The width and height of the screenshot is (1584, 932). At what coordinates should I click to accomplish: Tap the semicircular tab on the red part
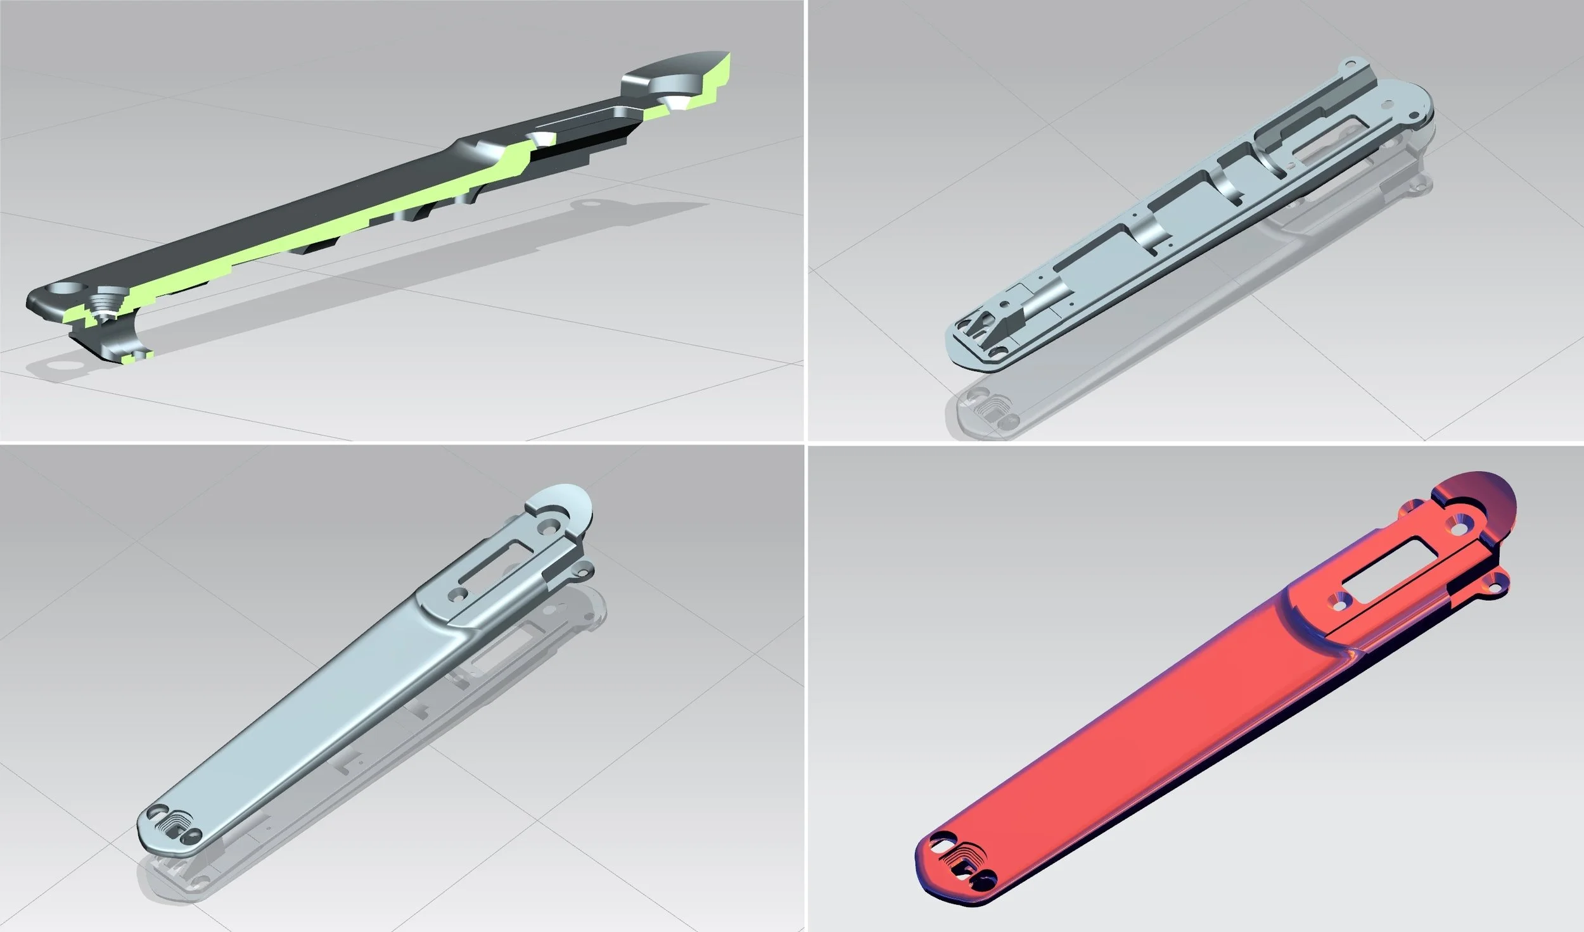pyautogui.click(x=1483, y=500)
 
